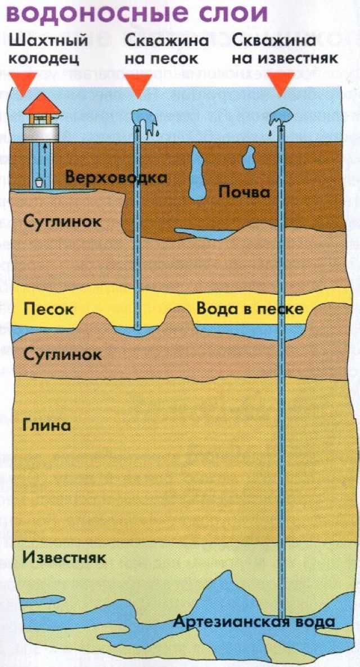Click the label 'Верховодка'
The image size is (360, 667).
click(x=116, y=177)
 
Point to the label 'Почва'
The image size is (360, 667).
click(x=244, y=192)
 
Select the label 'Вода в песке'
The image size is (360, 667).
click(x=250, y=309)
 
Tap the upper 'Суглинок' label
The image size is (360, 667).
click(x=62, y=221)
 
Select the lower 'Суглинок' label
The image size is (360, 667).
click(x=62, y=354)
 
